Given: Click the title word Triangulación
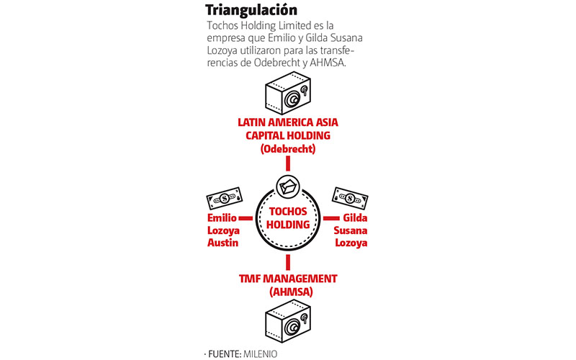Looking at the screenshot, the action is (251, 10).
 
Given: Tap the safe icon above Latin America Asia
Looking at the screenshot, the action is (288, 93).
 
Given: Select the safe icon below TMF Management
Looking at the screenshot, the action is (288, 321).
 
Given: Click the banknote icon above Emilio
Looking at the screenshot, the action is (225, 199).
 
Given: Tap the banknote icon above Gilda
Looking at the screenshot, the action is (350, 199).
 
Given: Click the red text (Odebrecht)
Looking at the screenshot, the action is (288, 149).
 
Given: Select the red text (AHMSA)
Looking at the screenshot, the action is (291, 292).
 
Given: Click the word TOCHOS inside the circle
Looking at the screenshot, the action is (288, 211).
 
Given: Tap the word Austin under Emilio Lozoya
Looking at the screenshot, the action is (222, 243).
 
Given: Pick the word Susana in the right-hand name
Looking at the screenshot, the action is (351, 230).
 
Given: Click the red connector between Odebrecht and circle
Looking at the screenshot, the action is (288, 163).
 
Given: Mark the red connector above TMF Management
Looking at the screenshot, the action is (288, 263).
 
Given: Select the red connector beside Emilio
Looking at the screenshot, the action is (246, 218).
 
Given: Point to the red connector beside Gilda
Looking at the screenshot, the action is (331, 218).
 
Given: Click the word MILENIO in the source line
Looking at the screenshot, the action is (260, 354).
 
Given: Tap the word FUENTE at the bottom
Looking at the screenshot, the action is (224, 354).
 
